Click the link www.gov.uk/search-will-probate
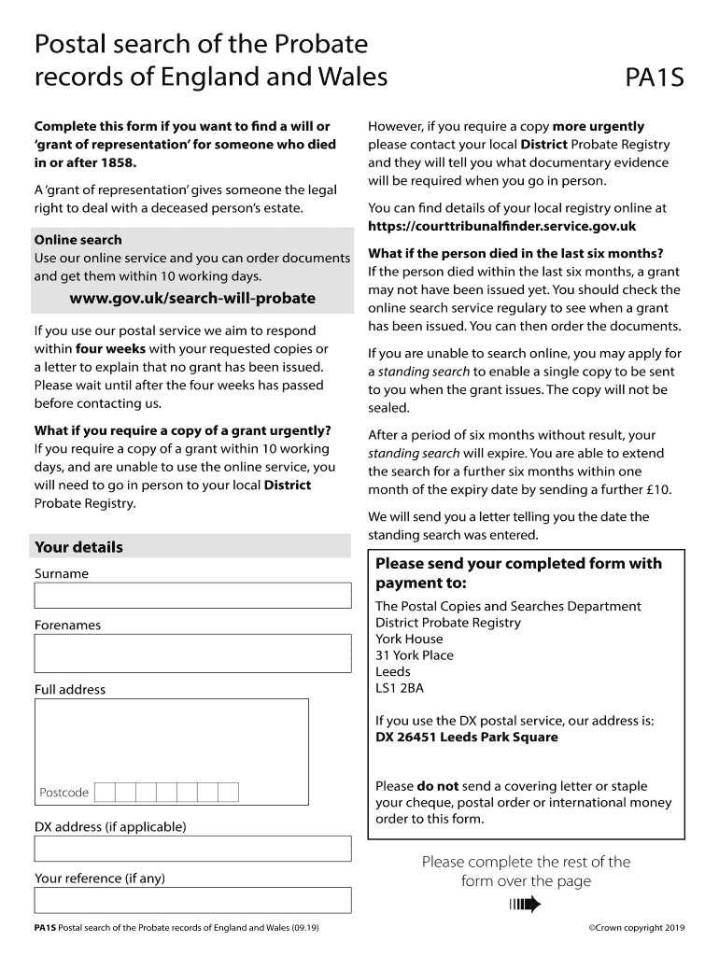click(192, 299)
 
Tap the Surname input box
click(192, 596)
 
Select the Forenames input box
click(192, 654)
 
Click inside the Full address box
click(171, 738)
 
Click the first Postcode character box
click(105, 793)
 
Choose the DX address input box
click(192, 848)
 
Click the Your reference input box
click(192, 900)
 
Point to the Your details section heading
click(78, 547)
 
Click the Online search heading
click(78, 240)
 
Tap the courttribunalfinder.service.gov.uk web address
click(501, 226)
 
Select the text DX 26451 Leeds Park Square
click(466, 738)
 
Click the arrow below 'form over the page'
click(526, 904)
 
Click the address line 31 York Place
click(414, 655)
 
